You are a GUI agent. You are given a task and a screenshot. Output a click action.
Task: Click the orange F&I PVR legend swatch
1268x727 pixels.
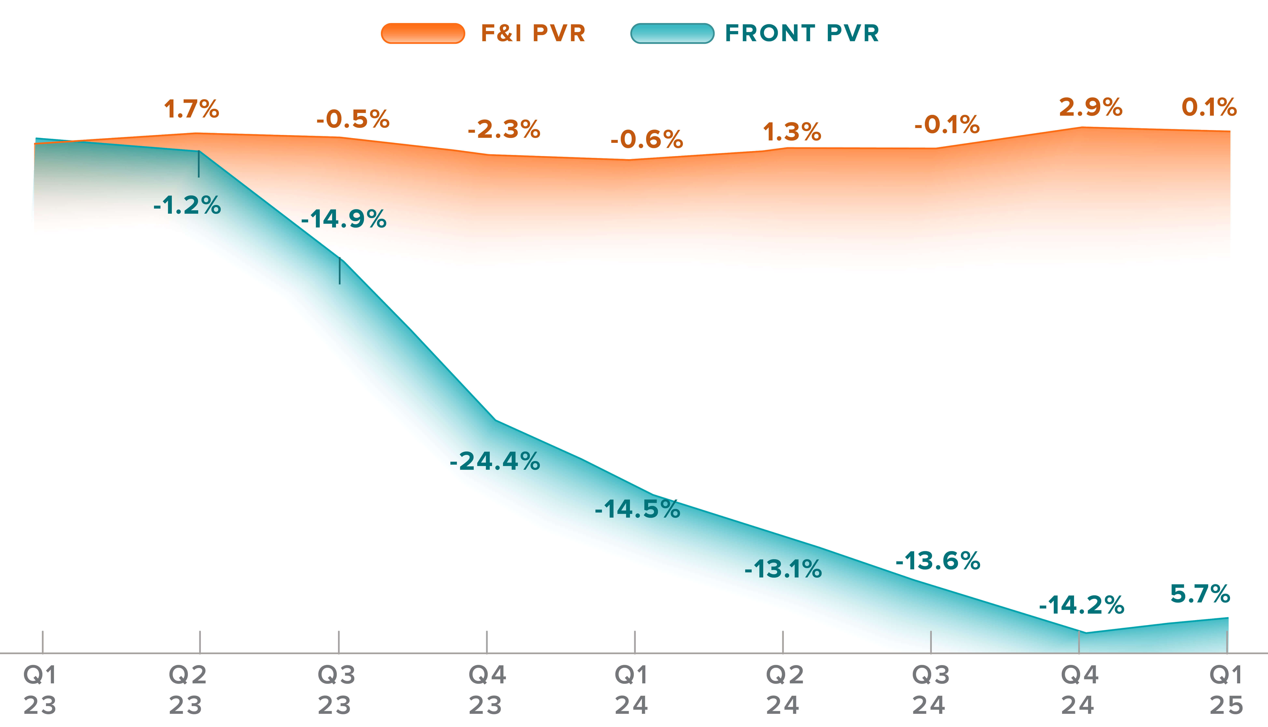point(423,33)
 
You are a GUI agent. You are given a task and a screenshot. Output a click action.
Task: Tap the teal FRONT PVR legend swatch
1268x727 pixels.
point(672,33)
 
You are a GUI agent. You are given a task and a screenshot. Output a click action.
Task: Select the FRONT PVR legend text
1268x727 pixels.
point(802,33)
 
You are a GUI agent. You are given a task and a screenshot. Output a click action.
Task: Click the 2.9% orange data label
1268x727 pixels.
point(1091,107)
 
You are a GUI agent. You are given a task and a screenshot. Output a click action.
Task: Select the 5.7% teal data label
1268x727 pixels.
point(1200,594)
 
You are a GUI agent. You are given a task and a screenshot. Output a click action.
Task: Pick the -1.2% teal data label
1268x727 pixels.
point(187,205)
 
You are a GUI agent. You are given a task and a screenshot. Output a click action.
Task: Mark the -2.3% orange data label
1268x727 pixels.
point(504,129)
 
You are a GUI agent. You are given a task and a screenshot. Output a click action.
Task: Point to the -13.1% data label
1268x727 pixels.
point(783,569)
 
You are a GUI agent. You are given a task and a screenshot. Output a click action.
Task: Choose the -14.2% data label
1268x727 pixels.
point(1081,605)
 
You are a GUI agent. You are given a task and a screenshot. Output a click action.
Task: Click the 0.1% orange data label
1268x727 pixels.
point(1209,107)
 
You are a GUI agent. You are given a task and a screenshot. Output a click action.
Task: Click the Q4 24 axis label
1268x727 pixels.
point(1079,690)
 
